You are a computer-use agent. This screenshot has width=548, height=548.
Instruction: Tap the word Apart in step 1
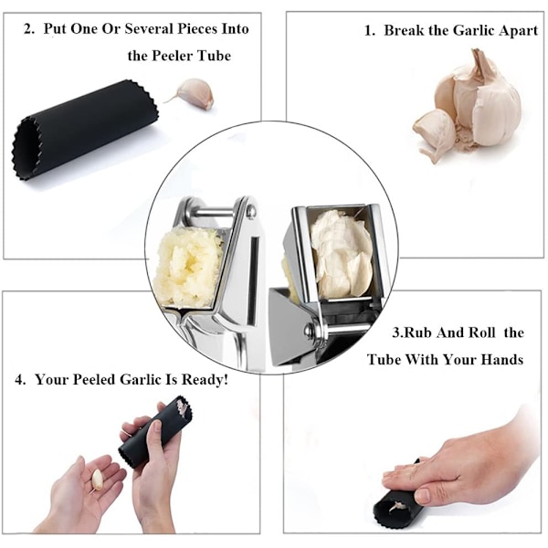point(518,31)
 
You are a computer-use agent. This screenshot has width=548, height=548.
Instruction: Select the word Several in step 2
point(150,28)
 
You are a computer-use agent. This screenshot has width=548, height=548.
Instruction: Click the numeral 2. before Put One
point(29,29)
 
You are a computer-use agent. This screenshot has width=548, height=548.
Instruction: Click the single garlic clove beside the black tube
point(194,93)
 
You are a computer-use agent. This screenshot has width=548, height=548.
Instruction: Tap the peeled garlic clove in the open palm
point(97,479)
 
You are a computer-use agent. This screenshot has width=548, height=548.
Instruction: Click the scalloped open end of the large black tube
point(26,149)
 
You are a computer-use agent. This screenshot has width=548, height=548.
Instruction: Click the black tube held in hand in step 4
point(156,434)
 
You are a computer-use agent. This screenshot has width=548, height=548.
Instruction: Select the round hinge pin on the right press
point(311,330)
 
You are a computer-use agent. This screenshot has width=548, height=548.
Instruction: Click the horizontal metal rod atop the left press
point(213,212)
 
